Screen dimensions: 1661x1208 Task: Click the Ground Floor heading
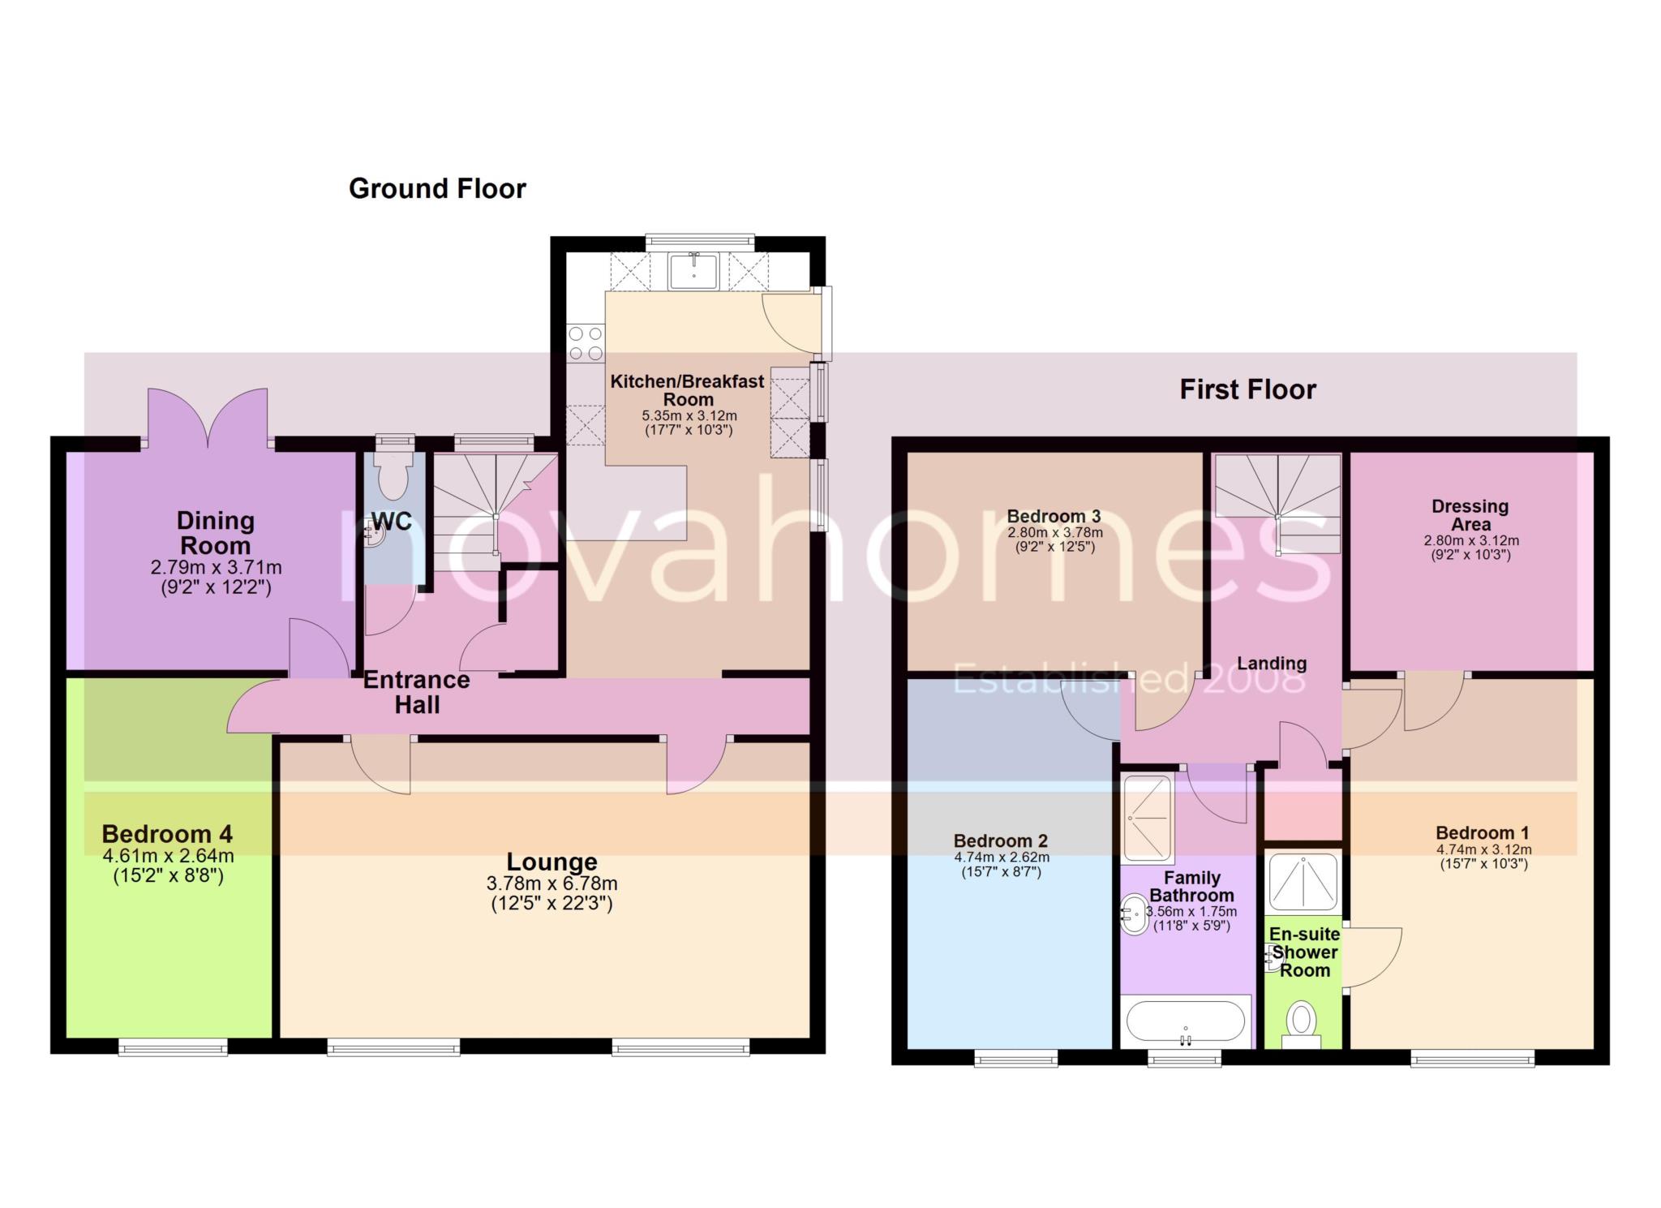pos(437,189)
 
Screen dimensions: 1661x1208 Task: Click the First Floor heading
pos(1247,390)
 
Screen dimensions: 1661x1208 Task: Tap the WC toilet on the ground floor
pos(394,474)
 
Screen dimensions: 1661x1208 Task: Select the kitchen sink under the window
pos(693,270)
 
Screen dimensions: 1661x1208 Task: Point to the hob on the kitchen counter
pos(586,342)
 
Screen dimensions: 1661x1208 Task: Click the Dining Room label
pos(215,533)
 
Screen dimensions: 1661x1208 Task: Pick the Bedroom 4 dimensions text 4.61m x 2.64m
pos(168,856)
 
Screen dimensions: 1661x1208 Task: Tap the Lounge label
pos(552,862)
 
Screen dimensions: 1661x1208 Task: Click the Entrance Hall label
pos(417,692)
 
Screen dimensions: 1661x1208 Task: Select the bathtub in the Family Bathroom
pos(1185,1022)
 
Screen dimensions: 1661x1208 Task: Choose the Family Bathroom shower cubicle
pos(1148,819)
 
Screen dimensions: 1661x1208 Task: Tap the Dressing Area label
pos(1470,515)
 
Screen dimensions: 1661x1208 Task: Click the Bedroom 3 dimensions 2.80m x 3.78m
pos(1054,533)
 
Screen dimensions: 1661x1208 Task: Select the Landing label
pos(1271,664)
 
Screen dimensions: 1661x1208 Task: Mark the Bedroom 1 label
pos(1482,833)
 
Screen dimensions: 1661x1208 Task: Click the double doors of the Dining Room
pos(208,418)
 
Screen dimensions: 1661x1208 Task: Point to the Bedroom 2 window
pos(1015,1056)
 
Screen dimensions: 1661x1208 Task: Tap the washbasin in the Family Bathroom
pos(1133,914)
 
